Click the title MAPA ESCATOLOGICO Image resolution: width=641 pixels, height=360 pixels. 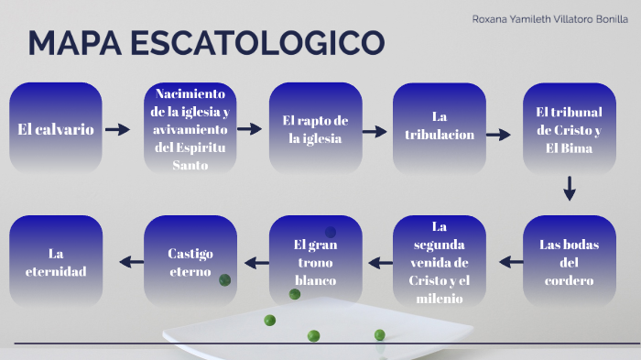tap(207, 43)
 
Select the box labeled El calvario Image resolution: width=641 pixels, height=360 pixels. tap(56, 129)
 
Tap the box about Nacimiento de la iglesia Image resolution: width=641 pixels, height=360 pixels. tap(191, 129)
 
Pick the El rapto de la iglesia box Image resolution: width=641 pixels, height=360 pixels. tap(315, 129)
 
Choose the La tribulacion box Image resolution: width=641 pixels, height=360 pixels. tap(440, 129)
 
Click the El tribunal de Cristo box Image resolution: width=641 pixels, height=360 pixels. tap(569, 129)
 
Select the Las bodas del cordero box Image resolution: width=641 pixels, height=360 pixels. tap(569, 262)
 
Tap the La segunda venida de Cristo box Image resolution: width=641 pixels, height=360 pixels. tap(440, 262)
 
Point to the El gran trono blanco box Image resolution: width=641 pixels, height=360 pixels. tap(315, 262)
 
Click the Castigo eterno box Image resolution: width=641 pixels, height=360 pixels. tap(191, 262)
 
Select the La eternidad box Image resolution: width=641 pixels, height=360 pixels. tap(56, 262)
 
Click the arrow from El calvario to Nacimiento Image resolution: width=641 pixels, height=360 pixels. tap(118, 130)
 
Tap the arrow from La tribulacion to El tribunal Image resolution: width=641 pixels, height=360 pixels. tap(498, 135)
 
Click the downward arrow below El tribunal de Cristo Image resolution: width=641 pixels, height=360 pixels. tap(570, 189)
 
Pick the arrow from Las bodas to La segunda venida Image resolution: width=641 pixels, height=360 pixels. tap(511, 262)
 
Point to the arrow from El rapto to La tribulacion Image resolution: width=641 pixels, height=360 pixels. tap(375, 131)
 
